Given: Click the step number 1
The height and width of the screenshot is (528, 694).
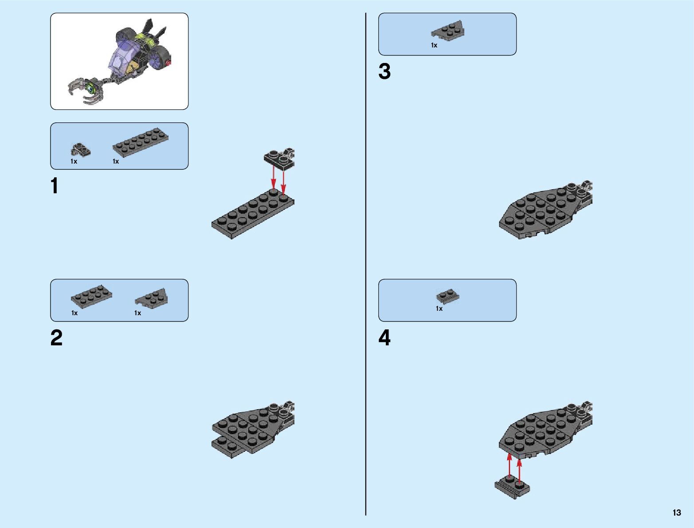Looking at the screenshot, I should [x=55, y=186].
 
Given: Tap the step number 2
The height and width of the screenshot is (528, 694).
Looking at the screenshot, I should [x=56, y=338].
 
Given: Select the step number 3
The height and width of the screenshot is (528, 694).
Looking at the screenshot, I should [x=384, y=72].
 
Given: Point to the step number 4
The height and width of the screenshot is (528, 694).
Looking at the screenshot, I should [x=384, y=338].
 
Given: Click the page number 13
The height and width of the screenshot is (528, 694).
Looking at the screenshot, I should [x=676, y=513].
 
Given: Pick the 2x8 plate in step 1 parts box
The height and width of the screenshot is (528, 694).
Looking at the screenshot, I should [x=141, y=142].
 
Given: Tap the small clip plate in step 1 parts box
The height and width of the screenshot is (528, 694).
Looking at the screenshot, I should [x=80, y=150].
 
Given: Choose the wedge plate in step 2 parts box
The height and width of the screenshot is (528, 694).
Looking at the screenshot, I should [x=152, y=297].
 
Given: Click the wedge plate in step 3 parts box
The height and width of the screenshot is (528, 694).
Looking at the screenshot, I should [x=448, y=31].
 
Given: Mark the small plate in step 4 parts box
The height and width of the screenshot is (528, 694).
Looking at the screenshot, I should [x=447, y=296].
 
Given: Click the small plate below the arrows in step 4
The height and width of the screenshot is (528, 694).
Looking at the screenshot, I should [x=512, y=488].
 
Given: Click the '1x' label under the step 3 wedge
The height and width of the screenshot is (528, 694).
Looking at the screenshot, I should [x=434, y=45].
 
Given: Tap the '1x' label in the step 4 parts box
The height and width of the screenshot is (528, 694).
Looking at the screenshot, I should [x=439, y=309].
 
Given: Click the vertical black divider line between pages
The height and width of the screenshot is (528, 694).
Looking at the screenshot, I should [x=366, y=266].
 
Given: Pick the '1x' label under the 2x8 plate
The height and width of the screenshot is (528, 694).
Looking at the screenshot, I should [x=116, y=161].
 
